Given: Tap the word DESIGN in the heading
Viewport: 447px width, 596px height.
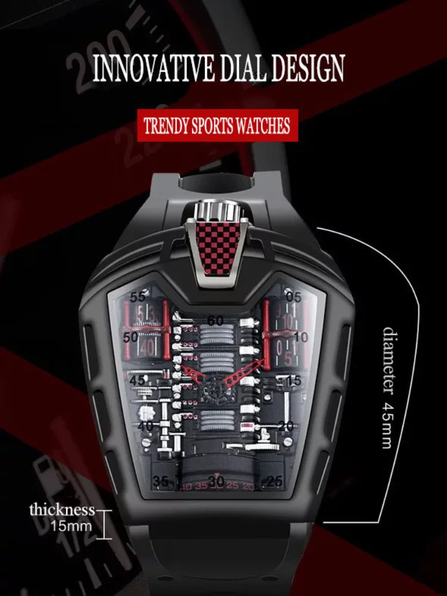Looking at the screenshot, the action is [313, 69].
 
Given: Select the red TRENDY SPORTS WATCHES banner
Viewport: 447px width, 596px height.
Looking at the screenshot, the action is [218, 126].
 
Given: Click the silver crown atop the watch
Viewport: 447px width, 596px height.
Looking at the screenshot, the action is [217, 210].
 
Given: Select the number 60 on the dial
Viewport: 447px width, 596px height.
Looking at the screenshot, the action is [215, 321].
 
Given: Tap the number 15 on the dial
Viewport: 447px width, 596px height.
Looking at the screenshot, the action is [294, 380].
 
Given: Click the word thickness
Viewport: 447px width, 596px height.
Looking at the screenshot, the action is [62, 510].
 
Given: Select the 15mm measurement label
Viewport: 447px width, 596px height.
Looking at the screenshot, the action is [71, 526].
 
